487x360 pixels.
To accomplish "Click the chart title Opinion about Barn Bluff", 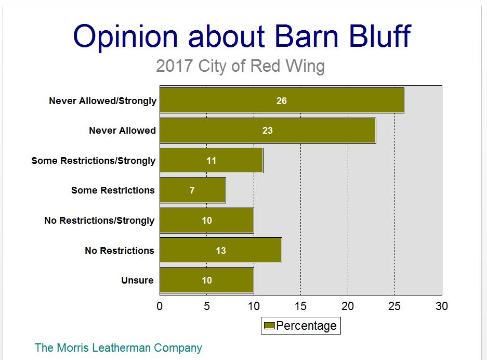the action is click(242, 37).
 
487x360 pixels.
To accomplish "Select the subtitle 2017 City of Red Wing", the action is click(241, 66).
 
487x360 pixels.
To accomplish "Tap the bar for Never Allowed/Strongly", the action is click(282, 100).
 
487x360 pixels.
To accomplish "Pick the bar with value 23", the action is click(268, 130).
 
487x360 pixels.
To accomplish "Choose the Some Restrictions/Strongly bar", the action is click(212, 160).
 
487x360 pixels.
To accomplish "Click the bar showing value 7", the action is click(193, 190).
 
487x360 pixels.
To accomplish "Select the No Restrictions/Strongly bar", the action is click(207, 221).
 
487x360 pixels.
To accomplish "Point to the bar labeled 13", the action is click(221, 250).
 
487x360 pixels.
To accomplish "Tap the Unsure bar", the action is click(207, 280).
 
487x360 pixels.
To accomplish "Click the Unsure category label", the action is click(137, 280).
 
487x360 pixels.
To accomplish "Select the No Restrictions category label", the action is click(120, 251).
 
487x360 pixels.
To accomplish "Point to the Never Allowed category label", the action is click(122, 130).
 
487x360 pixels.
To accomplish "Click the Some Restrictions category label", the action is click(113, 190).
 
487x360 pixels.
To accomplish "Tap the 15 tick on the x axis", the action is click(300, 306).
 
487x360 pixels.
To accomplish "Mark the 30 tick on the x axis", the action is click(442, 306).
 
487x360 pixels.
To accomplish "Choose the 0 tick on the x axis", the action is click(160, 306).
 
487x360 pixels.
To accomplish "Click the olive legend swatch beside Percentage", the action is click(269, 326).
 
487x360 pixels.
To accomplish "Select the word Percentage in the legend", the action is click(306, 326).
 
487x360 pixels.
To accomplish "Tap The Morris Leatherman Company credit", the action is click(119, 348).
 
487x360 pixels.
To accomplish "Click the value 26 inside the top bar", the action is click(282, 101).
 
